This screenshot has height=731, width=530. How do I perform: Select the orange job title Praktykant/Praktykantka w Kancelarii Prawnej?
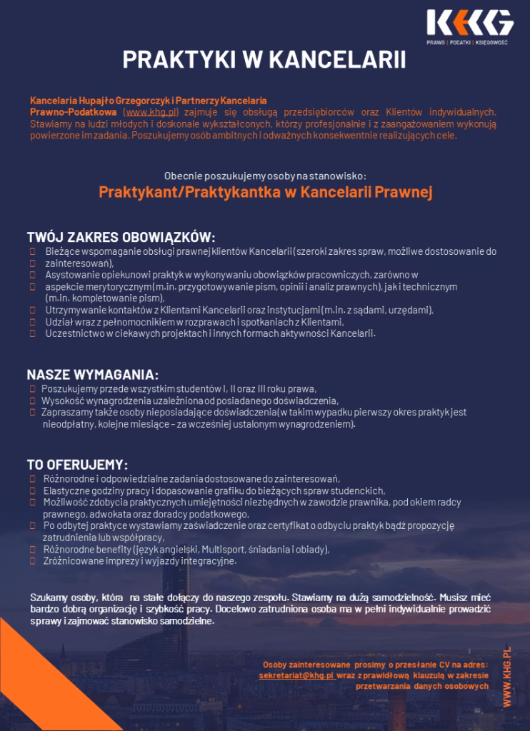coord(265,191)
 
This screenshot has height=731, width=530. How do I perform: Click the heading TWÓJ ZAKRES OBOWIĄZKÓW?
coord(121,237)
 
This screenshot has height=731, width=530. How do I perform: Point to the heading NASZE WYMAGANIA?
coord(93,375)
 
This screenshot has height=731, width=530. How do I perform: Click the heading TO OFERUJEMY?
coord(77,464)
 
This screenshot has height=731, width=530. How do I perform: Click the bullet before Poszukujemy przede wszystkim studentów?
coord(34,389)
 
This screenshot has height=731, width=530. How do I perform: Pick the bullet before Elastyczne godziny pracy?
coord(34,490)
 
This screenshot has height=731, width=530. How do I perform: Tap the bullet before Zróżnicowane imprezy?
coord(34,561)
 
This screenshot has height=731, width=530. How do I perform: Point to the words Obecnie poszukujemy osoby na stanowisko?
coord(264,175)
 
